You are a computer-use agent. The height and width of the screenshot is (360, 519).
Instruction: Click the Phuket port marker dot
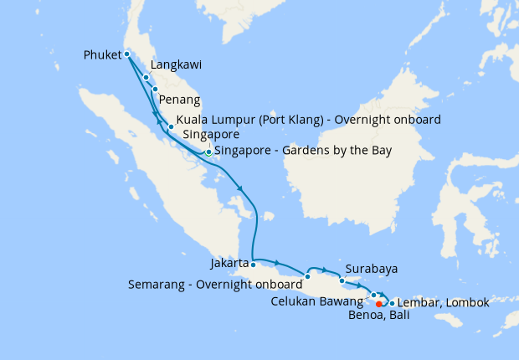(x=126, y=54)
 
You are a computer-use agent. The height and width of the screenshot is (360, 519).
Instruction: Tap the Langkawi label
(x=177, y=64)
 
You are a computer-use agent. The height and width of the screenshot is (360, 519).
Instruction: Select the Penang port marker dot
(x=155, y=89)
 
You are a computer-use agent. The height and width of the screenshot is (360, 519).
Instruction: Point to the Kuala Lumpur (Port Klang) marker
(x=171, y=128)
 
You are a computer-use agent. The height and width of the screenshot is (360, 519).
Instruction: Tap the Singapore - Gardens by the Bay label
(x=302, y=151)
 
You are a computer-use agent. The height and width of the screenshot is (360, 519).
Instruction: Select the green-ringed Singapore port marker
(x=208, y=152)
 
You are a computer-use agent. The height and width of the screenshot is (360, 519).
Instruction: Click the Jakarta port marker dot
(x=253, y=265)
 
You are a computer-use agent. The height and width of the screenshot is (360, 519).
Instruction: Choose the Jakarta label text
(x=230, y=263)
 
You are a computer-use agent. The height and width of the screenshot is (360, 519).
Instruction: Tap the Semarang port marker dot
(x=308, y=276)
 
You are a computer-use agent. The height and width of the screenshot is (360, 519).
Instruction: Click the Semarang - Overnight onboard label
(x=215, y=285)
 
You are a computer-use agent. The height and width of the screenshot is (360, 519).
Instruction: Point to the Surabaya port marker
(x=342, y=281)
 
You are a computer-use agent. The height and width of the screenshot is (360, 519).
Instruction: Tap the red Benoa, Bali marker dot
(x=379, y=303)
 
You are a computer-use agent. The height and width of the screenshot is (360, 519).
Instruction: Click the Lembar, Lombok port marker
(x=392, y=302)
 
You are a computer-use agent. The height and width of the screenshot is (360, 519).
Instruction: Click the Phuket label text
(x=103, y=55)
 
